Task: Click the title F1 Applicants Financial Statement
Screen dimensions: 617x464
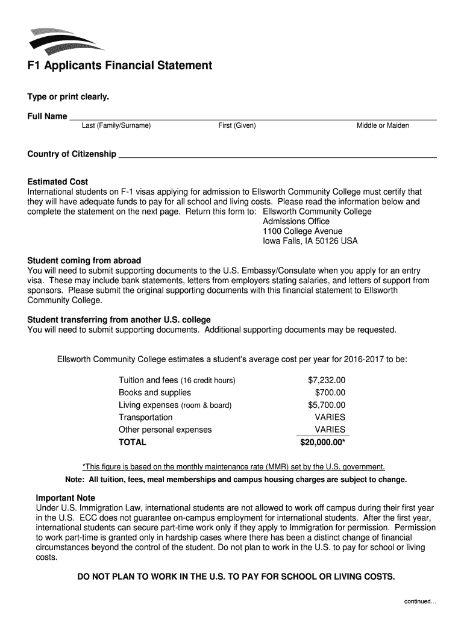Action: (119, 66)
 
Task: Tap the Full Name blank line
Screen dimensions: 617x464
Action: (253, 116)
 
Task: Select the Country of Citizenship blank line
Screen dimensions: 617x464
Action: (277, 154)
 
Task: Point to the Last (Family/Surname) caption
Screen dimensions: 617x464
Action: (116, 126)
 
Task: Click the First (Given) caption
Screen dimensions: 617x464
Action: (237, 126)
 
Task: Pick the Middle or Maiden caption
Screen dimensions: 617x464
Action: (382, 126)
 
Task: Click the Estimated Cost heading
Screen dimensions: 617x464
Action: (58, 182)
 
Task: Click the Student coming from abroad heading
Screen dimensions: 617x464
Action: (84, 261)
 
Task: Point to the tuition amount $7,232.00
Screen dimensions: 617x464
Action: (327, 381)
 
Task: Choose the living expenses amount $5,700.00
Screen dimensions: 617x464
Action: (327, 405)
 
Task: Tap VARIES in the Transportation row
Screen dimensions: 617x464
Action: (330, 418)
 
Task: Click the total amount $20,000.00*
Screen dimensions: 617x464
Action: (322, 442)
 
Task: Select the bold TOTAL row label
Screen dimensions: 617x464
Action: (133, 442)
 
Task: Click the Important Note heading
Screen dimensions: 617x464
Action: (66, 498)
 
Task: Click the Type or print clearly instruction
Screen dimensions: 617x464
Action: (68, 97)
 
